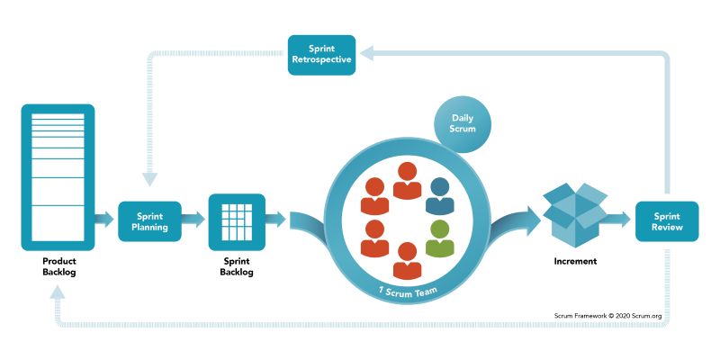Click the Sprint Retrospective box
click(321, 55)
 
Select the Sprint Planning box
click(149, 221)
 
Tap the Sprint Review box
click(667, 221)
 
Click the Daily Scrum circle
click(463, 124)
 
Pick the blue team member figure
click(439, 196)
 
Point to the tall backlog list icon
click(58, 177)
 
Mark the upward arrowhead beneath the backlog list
click(58, 292)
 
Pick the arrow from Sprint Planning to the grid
click(193, 220)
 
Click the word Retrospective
click(321, 61)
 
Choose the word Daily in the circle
click(463, 118)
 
